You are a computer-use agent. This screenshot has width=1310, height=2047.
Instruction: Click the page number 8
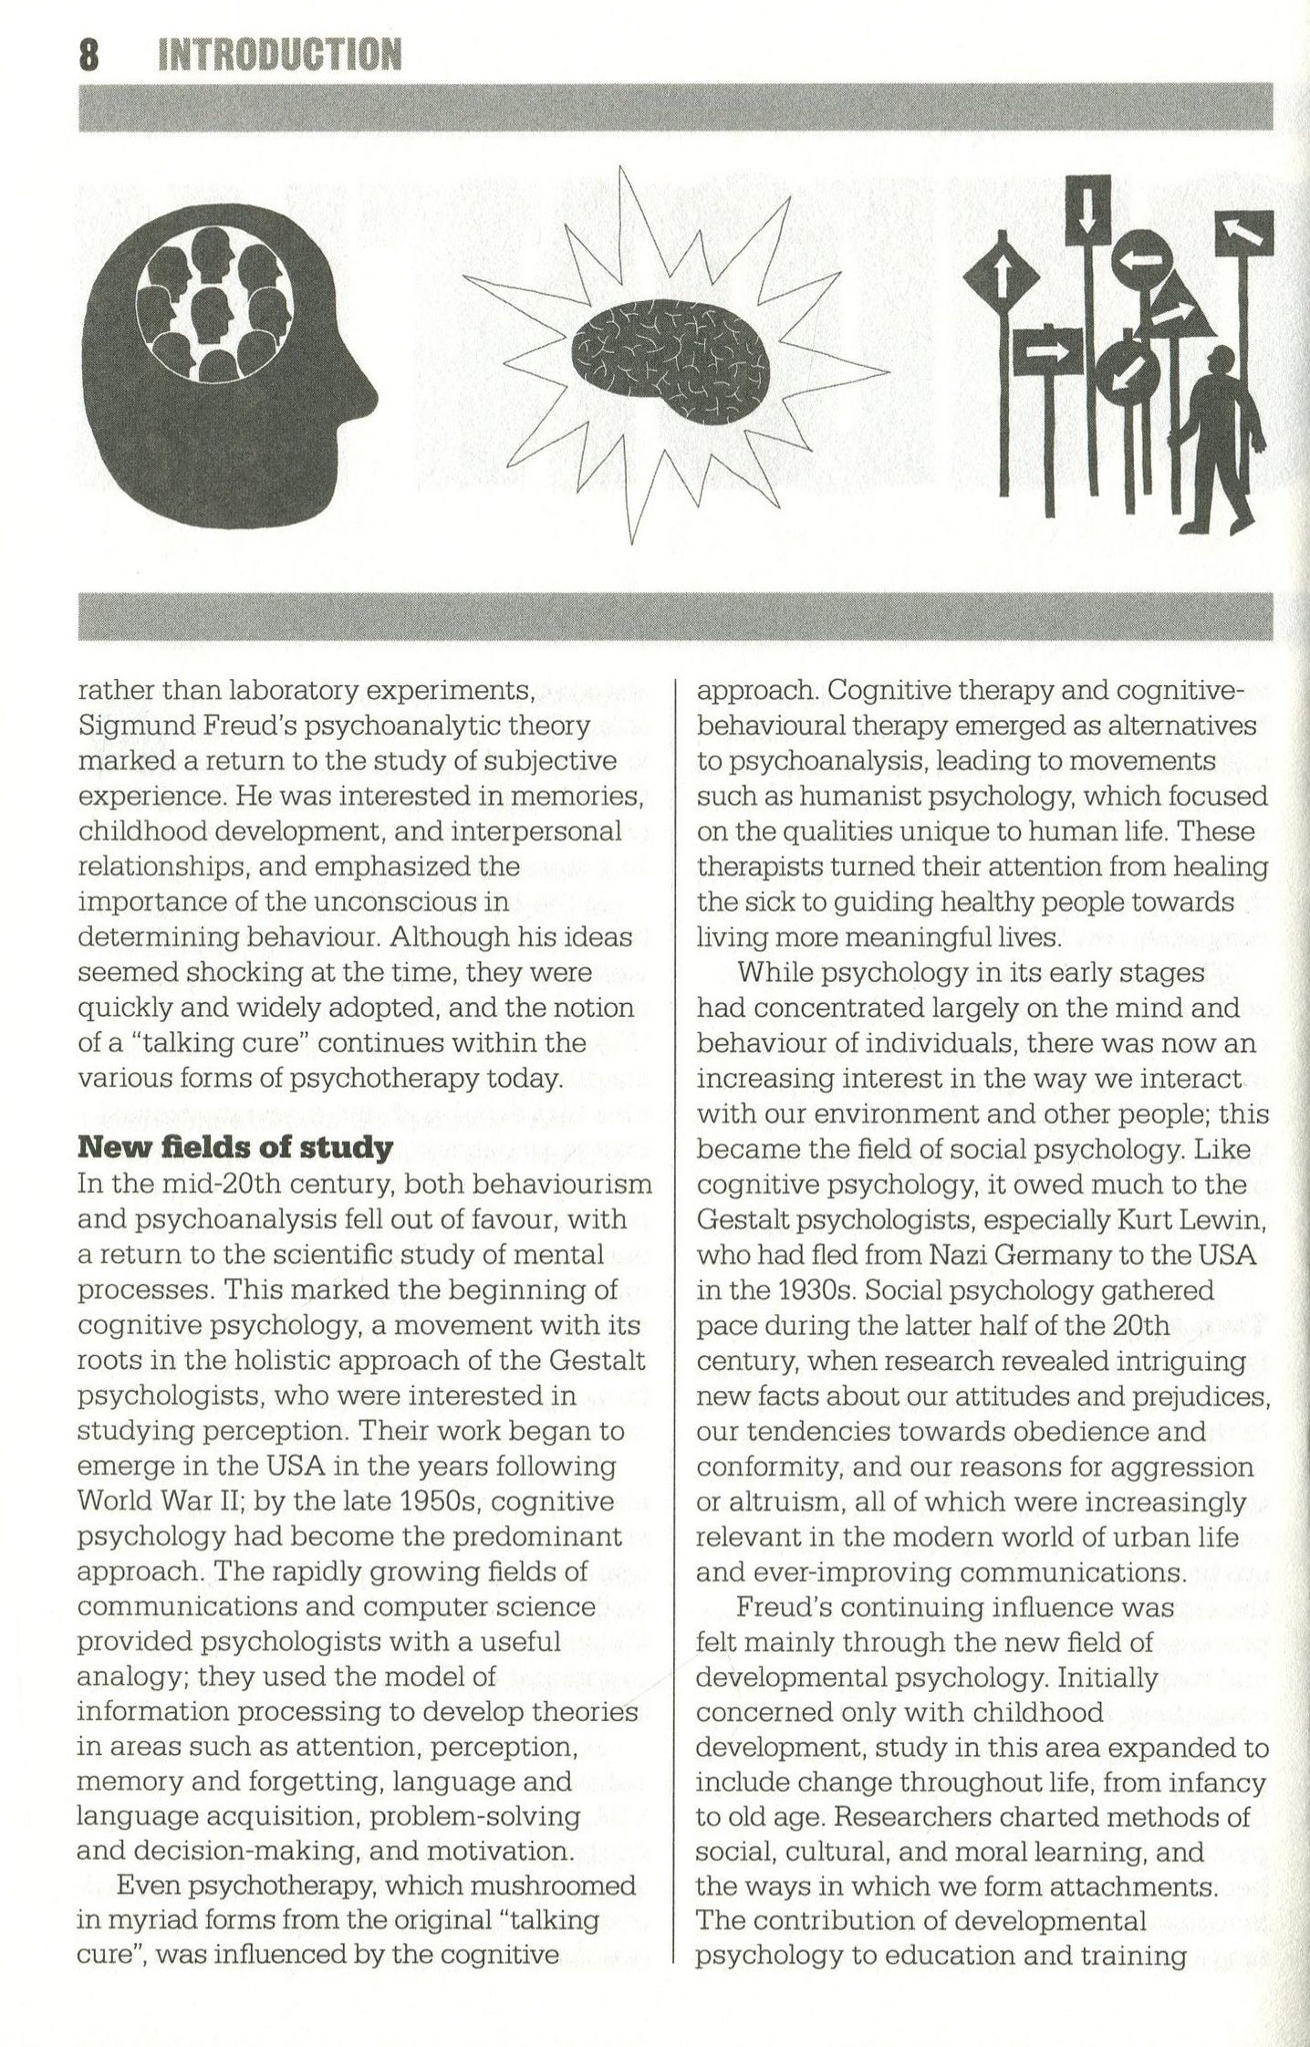tap(88, 55)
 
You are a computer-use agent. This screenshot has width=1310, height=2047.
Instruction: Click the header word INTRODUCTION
tap(279, 55)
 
